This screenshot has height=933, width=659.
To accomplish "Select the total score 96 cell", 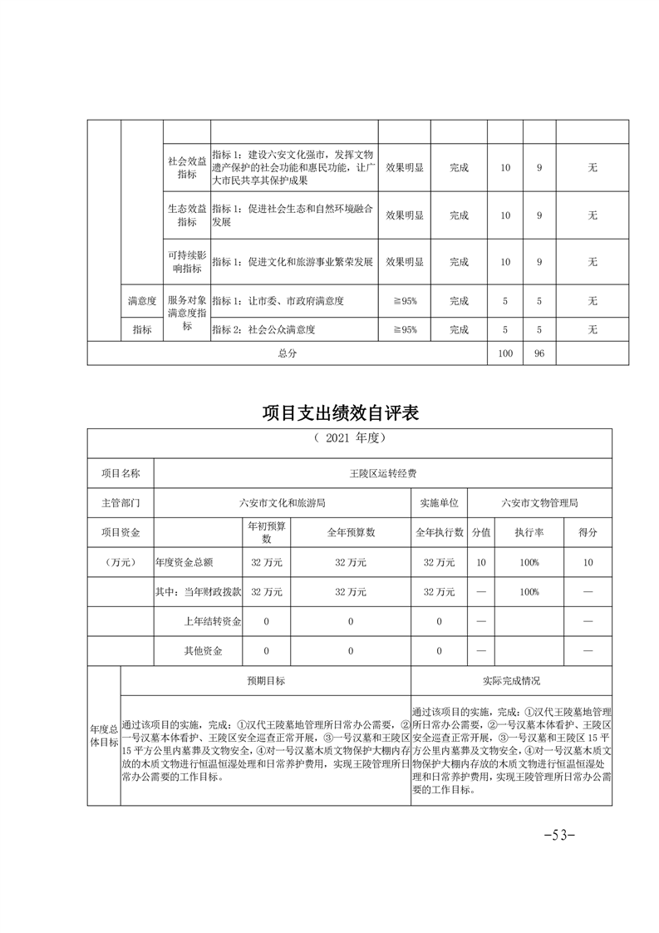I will click(539, 353).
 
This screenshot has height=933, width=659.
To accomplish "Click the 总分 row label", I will click(288, 353).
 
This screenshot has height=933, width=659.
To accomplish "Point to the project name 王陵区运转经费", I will click(383, 472).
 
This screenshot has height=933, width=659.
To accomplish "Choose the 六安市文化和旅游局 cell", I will click(282, 503).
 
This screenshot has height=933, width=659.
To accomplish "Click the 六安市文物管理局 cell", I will click(539, 503).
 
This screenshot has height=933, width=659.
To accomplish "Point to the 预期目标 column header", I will click(265, 680).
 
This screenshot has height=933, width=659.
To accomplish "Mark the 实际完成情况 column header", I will click(511, 680).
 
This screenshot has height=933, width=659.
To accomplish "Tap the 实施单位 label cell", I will click(440, 503).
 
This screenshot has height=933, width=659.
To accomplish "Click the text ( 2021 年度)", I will click(350, 438).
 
